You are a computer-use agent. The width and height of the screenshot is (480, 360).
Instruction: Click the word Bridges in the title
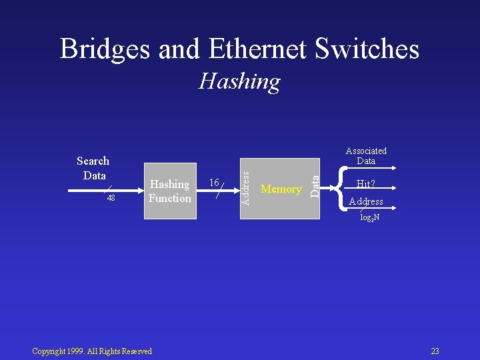[107, 49]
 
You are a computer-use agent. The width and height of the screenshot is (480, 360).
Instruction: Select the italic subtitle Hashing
[239, 81]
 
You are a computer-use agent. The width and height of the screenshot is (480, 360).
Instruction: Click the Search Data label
[93, 168]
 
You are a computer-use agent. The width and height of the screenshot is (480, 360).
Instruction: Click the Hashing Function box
[170, 191]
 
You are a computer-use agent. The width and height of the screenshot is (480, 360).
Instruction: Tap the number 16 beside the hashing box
[214, 182]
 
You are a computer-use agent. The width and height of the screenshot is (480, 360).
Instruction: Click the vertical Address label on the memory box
[245, 188]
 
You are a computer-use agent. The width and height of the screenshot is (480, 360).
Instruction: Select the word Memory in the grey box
[281, 189]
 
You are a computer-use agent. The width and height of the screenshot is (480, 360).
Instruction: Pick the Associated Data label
[366, 156]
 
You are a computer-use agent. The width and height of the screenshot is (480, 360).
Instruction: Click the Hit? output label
[365, 184]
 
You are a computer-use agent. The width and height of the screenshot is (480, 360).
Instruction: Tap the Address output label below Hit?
[366, 201]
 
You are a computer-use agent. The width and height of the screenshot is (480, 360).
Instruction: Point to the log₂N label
[370, 218]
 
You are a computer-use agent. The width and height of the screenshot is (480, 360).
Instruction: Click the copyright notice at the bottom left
[92, 351]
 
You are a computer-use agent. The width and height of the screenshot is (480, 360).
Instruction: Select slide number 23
[435, 351]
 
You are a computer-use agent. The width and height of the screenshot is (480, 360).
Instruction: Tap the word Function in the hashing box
[170, 198]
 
